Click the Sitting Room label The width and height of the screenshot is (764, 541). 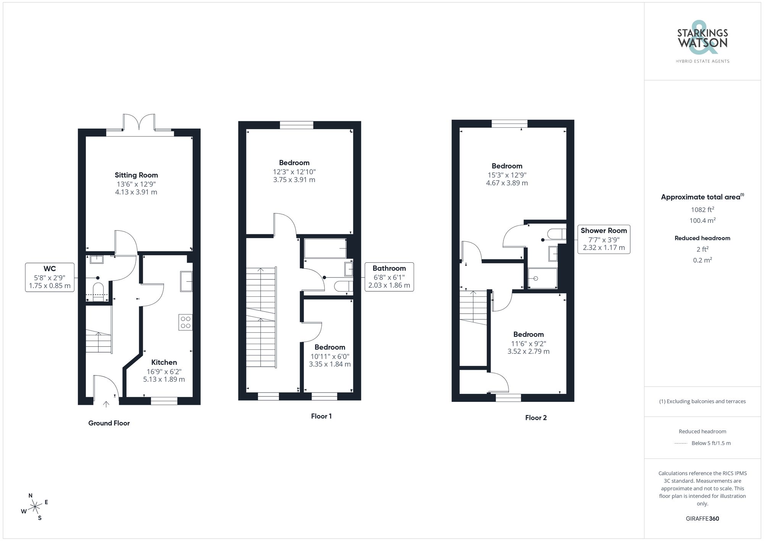click(136, 175)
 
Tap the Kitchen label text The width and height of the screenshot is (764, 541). click(164, 362)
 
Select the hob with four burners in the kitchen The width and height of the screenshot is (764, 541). click(186, 322)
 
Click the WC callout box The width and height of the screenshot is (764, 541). click(50, 277)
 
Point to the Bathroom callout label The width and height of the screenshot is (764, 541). click(389, 268)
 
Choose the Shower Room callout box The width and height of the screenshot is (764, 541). click(604, 239)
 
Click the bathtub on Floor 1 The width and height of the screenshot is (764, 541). click(325, 249)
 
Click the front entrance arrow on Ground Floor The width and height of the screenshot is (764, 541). click(106, 404)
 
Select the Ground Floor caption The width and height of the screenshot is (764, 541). click(109, 423)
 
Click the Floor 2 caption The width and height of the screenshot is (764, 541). click(536, 418)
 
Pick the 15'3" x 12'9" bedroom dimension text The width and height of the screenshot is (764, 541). click(507, 175)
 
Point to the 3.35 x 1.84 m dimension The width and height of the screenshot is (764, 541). click(330, 364)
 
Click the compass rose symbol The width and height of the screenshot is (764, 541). click(35, 507)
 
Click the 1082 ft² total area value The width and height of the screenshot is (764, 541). click(702, 210)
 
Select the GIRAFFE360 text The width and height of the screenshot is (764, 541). click(702, 519)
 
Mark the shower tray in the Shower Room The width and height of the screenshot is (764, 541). click(542, 278)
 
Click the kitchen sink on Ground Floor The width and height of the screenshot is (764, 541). click(186, 281)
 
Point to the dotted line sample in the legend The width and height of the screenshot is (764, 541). click(681, 444)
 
